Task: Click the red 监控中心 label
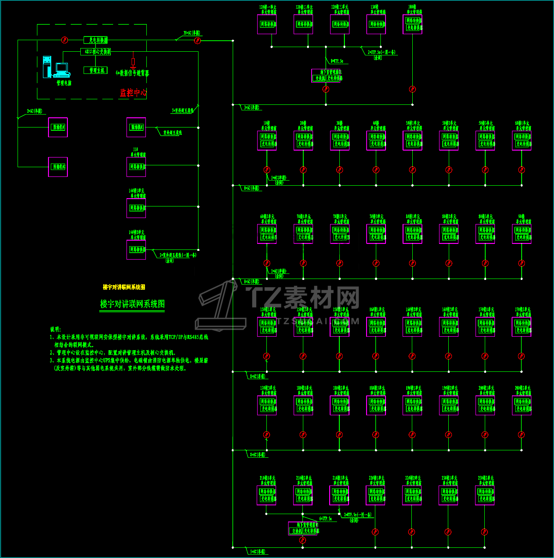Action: click(x=133, y=93)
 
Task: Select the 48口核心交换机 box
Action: click(x=96, y=52)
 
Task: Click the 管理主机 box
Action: click(x=96, y=70)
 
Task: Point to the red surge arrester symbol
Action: click(x=133, y=63)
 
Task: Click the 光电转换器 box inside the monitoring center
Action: click(x=96, y=40)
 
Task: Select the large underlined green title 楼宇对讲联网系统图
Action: click(x=132, y=304)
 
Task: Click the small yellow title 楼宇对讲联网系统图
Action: click(x=124, y=287)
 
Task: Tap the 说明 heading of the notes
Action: click(x=55, y=329)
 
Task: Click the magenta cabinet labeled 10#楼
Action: click(x=412, y=24)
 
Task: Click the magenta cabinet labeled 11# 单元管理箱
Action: click(x=136, y=167)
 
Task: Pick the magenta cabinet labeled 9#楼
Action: click(x=522, y=234)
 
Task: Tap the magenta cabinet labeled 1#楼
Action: click(x=267, y=140)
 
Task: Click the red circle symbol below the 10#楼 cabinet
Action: click(x=412, y=89)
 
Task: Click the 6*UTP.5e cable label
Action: click(x=325, y=519)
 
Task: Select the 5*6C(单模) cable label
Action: click(x=258, y=552)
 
